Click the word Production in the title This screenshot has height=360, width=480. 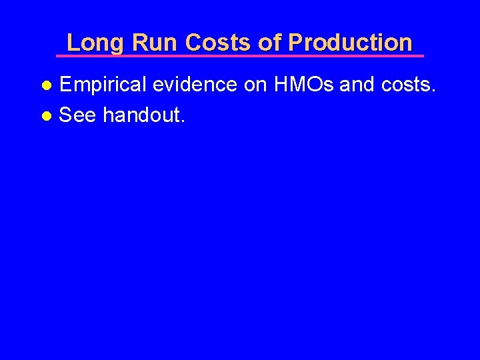coord(351,43)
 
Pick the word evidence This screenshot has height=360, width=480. coord(195,85)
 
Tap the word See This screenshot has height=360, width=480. coord(78,115)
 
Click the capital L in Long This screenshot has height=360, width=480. coord(73,43)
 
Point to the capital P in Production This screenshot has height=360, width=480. coord(295,43)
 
